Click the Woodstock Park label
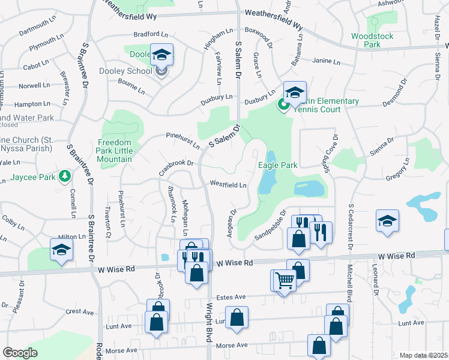click(x=372, y=40)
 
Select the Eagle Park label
click(x=278, y=164)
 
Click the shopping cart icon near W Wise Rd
click(x=285, y=280)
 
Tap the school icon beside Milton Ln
click(x=62, y=250)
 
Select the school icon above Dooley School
click(x=161, y=55)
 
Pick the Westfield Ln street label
click(x=228, y=185)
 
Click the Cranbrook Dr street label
click(x=177, y=163)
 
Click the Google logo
click(x=20, y=353)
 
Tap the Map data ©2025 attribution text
click(x=423, y=355)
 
